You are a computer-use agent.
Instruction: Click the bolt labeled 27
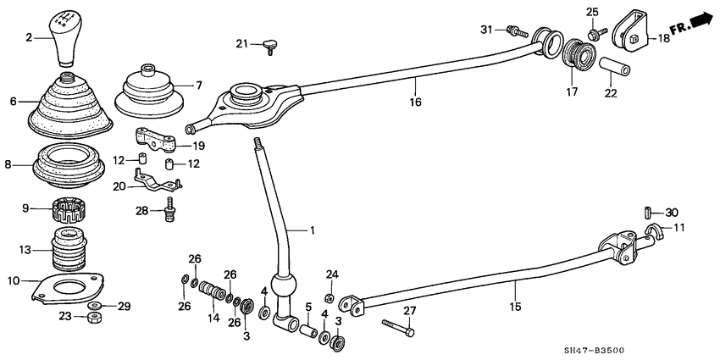(396, 328)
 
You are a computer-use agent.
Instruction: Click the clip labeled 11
(653, 232)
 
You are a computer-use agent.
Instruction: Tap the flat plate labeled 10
(64, 287)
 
